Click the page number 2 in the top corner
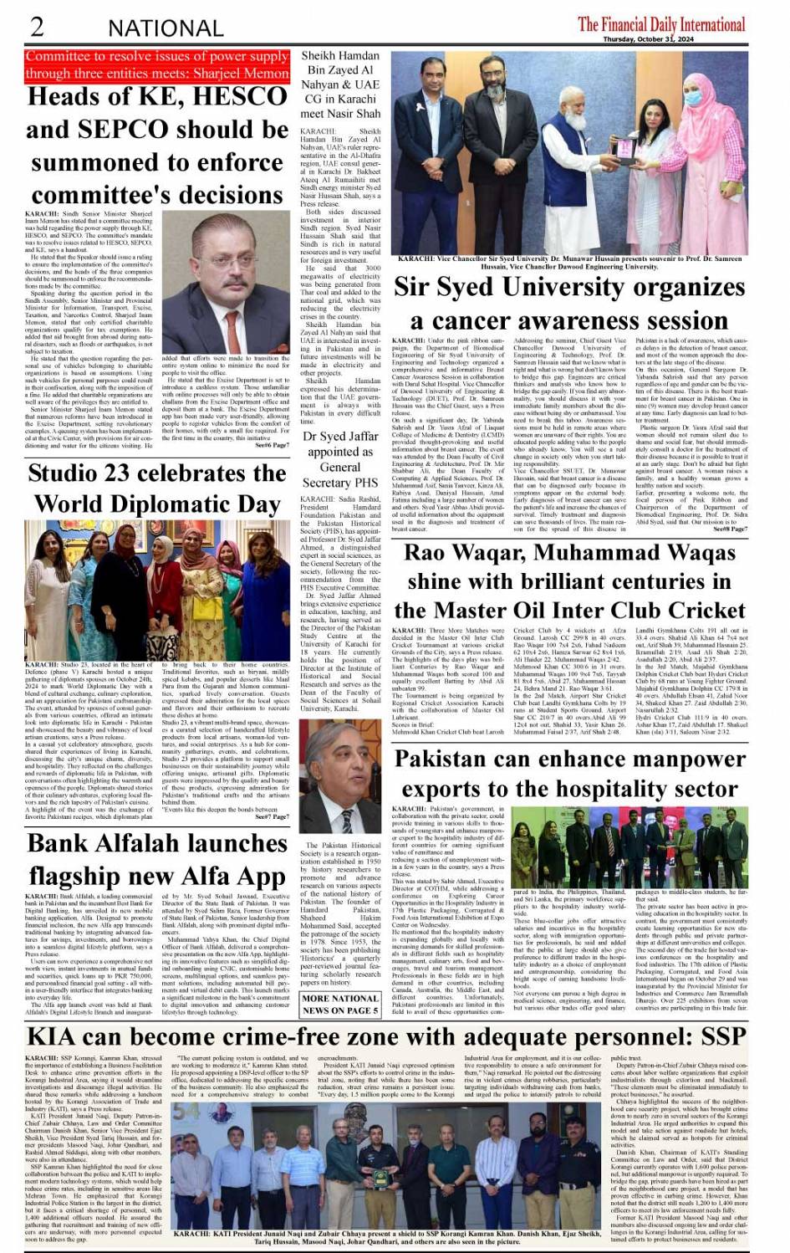(x=37, y=27)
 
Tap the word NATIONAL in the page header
(x=166, y=28)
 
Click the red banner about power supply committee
(x=157, y=64)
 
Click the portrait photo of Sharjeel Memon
(x=237, y=290)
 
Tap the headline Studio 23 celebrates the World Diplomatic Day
(x=157, y=488)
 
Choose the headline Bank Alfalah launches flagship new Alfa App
(x=157, y=859)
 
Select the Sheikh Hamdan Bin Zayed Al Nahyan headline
(x=340, y=84)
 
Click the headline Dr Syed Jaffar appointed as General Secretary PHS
(x=340, y=459)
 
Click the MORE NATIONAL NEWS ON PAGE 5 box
(x=340, y=1005)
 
